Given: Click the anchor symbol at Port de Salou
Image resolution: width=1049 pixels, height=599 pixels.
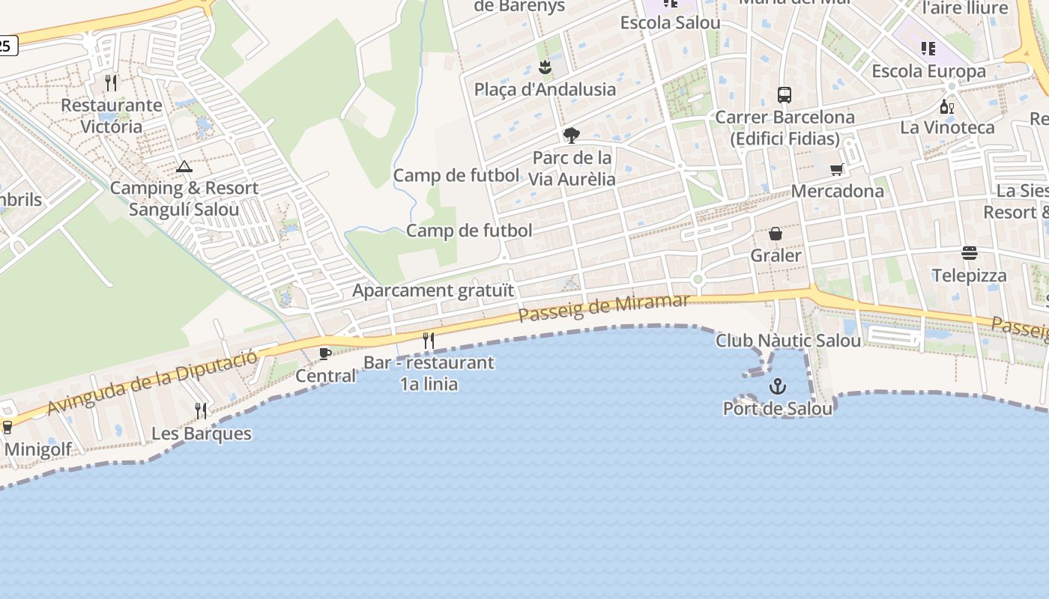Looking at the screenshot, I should point(778,387).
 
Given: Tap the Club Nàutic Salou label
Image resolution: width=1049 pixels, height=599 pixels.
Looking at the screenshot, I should point(788,341).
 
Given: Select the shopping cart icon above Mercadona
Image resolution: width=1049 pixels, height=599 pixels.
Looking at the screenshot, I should point(837,169).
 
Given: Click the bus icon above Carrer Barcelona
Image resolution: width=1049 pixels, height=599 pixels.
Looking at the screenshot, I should point(785,95).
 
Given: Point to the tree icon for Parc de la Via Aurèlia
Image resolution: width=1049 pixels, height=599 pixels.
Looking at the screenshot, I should point(571,136).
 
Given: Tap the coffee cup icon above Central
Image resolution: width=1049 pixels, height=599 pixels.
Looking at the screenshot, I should point(325,353).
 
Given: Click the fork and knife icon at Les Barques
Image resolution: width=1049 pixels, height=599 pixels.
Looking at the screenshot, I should point(201,411).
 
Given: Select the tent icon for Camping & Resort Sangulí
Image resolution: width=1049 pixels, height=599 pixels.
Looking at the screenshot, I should point(184,166).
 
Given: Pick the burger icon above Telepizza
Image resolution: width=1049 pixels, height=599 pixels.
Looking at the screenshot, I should point(970,253).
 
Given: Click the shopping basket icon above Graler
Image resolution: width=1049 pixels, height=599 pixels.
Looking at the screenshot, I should point(776,234).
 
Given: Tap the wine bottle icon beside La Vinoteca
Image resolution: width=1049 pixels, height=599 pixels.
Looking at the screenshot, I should point(947,107).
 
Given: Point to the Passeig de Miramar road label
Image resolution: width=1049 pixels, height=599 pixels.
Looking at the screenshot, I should point(604,308).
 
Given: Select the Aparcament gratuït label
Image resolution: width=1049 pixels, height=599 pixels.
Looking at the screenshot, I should point(434,291).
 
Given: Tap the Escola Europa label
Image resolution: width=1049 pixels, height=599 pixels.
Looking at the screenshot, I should point(929,72).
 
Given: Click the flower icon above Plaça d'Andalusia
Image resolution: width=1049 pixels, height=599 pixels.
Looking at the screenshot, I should point(545,68).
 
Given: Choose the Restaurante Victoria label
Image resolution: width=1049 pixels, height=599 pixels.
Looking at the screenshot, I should point(112,115).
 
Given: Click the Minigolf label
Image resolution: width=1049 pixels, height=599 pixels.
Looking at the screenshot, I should point(38,449).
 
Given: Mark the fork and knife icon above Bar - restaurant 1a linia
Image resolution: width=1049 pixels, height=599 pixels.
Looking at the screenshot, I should point(429,341).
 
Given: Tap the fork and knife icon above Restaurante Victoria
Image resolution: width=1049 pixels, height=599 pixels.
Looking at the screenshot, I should point(111,82).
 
